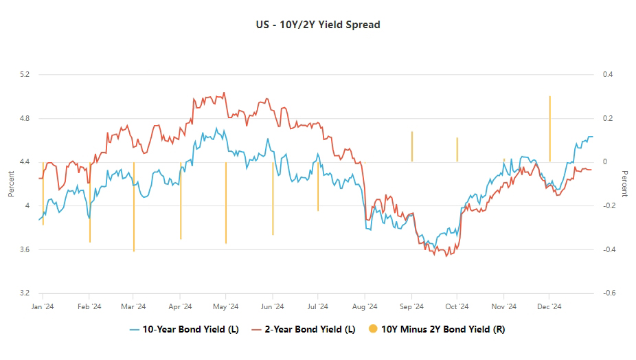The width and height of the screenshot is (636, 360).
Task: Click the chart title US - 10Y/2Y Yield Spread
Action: [x=317, y=25]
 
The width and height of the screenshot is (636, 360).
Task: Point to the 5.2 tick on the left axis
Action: [x=25, y=74]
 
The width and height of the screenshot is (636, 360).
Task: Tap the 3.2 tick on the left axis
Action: [x=25, y=293]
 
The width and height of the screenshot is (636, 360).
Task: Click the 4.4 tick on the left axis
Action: [x=25, y=162]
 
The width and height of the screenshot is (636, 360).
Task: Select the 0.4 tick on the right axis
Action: [x=607, y=74]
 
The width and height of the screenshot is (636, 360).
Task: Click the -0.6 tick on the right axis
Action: [x=607, y=293]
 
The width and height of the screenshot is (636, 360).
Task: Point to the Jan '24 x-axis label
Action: [x=43, y=307]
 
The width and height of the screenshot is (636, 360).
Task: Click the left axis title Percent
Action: [x=11, y=184]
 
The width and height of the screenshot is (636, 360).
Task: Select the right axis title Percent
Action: [x=624, y=184]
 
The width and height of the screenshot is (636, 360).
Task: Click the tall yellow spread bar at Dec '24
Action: [x=550, y=129]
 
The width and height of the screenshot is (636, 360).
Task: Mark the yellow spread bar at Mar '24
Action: [x=134, y=206]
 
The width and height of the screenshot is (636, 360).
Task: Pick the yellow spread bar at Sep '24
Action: [x=412, y=146]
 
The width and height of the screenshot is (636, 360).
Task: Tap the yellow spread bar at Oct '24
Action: [x=457, y=150]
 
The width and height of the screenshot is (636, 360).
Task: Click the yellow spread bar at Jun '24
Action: [x=273, y=199]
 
